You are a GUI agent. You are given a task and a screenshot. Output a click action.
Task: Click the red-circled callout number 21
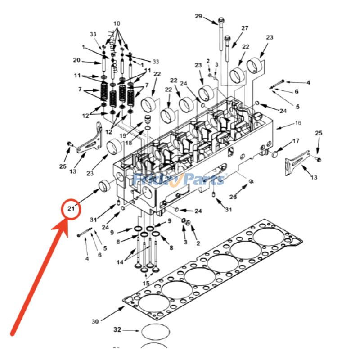[71, 208]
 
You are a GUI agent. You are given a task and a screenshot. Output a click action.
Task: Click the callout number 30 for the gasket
[95, 321]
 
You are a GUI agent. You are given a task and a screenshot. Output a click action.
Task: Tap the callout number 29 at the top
[198, 17]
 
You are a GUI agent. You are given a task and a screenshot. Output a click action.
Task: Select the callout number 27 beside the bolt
[244, 28]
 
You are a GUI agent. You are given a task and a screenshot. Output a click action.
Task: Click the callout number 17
[296, 141]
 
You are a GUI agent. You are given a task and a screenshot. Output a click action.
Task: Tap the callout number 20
[76, 60]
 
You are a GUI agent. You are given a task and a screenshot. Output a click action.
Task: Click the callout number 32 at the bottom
[117, 330]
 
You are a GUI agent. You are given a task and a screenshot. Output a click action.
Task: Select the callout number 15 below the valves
[146, 283]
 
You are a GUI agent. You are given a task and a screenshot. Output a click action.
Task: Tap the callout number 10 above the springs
[117, 23]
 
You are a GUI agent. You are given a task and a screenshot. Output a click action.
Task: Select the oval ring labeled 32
[156, 333]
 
